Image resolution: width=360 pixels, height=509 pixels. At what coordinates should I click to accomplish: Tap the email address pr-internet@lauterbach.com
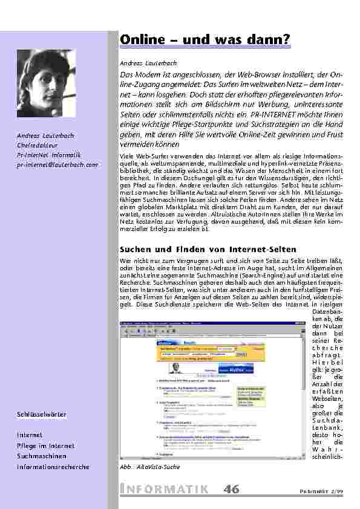tap(57, 164)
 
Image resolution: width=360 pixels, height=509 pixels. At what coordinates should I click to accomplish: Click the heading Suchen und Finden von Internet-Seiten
tap(208, 249)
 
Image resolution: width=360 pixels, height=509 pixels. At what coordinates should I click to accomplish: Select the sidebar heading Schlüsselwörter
tap(42, 414)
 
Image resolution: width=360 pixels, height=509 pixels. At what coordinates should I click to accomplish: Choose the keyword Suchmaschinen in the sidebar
tap(42, 456)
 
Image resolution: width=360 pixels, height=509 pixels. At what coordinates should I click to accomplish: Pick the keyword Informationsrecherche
tap(53, 467)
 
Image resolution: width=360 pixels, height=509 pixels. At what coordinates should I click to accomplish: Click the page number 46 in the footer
tap(231, 490)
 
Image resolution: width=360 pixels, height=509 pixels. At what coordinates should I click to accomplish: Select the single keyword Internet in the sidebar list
tap(30, 435)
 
